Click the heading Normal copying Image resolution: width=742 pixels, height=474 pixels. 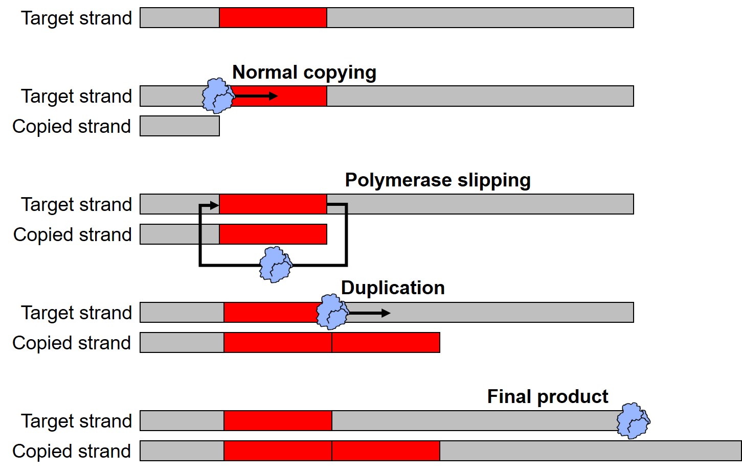point(304,73)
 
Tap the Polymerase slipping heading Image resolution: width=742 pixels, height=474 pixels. point(438,180)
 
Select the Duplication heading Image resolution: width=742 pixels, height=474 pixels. point(393,288)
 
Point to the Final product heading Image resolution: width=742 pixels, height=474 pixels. point(548,397)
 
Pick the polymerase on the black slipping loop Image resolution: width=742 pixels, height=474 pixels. point(276,265)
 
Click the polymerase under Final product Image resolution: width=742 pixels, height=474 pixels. point(633,421)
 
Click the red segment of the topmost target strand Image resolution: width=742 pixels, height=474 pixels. point(273,18)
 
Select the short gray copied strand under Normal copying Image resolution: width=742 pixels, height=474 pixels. point(179,126)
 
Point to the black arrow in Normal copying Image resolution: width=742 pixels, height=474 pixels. point(256,96)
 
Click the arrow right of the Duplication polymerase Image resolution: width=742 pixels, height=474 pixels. point(369,313)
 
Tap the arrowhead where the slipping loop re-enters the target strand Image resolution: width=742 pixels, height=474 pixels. point(213,205)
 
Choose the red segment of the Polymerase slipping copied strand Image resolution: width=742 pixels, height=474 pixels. point(273,234)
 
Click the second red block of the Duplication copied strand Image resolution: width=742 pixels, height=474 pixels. point(386,343)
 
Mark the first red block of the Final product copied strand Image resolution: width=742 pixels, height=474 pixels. point(278,451)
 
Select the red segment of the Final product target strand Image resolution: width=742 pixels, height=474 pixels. point(278,421)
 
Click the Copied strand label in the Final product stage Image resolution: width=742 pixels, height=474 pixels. point(72,452)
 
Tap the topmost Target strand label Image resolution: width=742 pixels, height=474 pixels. point(77,18)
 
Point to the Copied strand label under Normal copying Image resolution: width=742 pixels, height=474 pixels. point(72,127)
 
